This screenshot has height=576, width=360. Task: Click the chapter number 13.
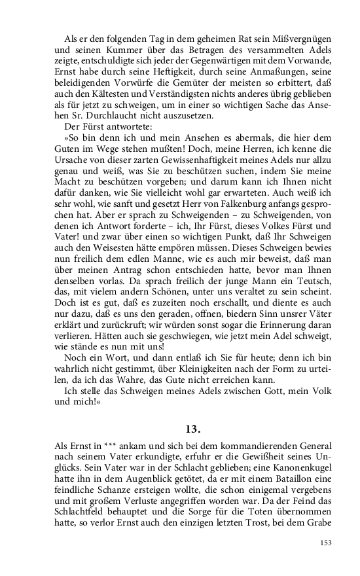point(192,429)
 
